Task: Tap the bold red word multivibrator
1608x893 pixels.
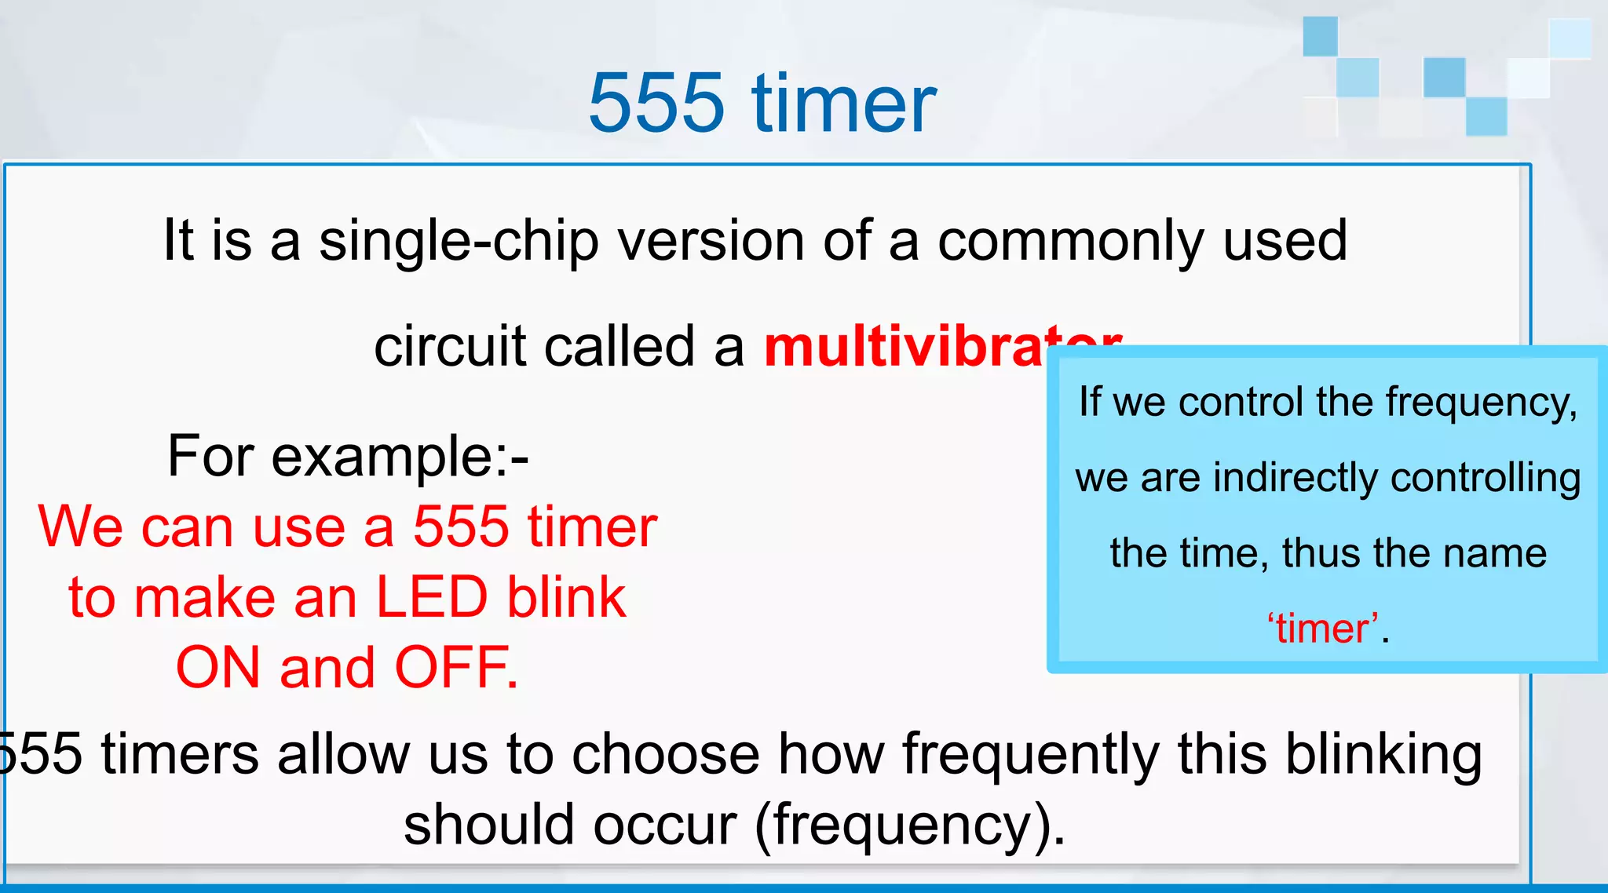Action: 903,346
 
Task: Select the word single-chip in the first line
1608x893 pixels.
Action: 459,241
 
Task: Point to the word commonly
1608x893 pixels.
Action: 1071,241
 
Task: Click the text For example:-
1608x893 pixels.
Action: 348,456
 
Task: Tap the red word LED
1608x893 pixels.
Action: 431,598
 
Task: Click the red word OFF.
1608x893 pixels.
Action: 455,668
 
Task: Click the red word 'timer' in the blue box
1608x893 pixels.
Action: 1323,629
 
